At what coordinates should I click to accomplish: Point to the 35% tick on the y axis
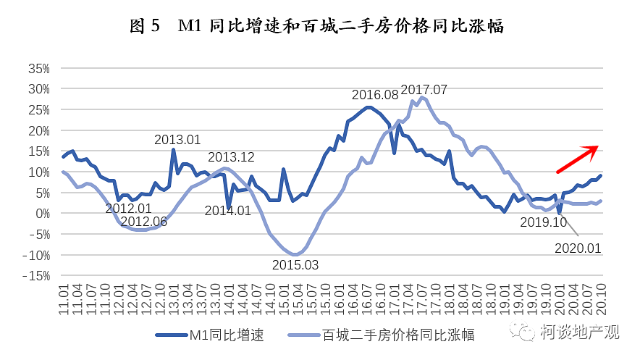38,69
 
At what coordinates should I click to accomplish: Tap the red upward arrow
577,159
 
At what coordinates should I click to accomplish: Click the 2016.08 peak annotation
375,95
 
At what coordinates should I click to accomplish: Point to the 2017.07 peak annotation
424,90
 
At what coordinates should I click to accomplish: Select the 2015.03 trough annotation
295,264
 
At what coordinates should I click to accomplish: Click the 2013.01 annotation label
178,140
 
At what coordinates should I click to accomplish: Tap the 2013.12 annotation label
232,157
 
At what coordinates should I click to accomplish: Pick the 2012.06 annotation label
143,222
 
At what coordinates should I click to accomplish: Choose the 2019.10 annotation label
544,222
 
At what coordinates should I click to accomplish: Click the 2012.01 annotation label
128,209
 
